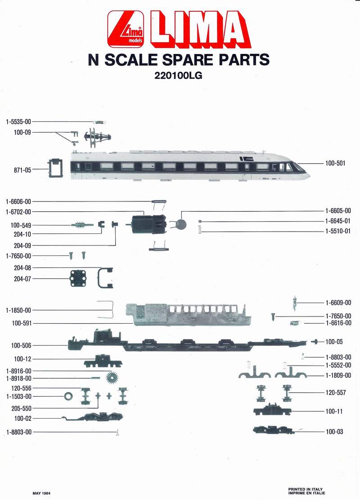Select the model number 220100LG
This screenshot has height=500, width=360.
pos(178,76)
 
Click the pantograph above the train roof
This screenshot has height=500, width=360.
pos(96,136)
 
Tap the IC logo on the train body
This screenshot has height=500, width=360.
pos(247,159)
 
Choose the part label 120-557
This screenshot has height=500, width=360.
pos(335,393)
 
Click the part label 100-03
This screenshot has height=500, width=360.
pos(334,432)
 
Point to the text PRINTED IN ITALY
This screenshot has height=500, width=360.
pos(305,489)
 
